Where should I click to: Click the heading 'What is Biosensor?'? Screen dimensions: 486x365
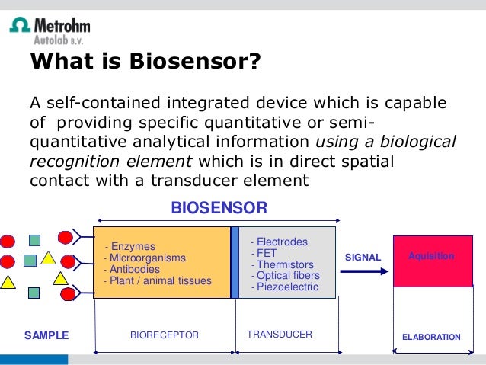pos(145,60)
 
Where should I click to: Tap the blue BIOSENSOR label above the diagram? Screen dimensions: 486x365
pos(219,207)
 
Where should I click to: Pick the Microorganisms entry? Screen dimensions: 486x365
pos(143,258)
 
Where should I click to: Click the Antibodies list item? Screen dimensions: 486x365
pos(133,269)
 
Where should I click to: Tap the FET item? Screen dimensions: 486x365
pos(267,253)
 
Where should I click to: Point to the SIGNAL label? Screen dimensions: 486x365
pos(363,258)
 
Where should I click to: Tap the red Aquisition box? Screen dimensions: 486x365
pos(430,261)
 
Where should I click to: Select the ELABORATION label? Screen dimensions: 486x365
pos(431,337)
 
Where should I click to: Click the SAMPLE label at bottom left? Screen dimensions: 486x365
pos(46,335)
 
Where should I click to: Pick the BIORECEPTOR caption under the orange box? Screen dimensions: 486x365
pos(165,335)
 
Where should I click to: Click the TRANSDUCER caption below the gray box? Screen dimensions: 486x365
pos(280,335)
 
